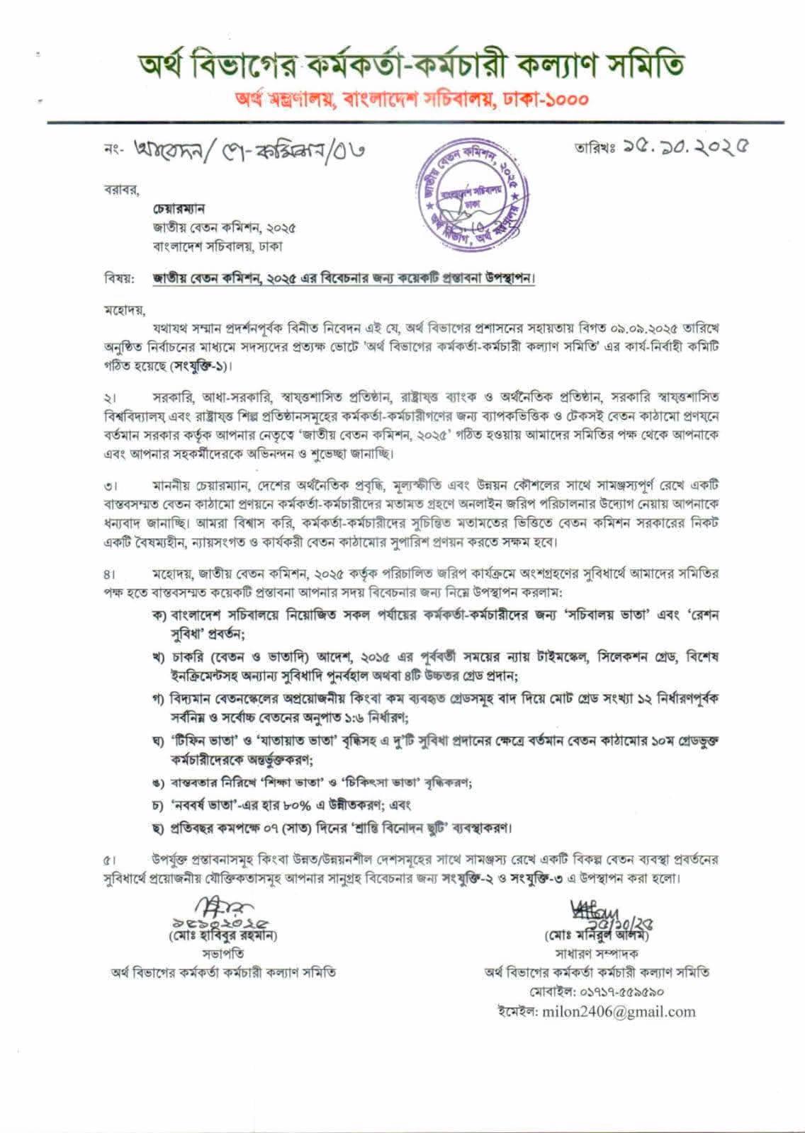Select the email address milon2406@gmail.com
click(x=618, y=1011)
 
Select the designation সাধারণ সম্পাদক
click(x=596, y=954)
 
